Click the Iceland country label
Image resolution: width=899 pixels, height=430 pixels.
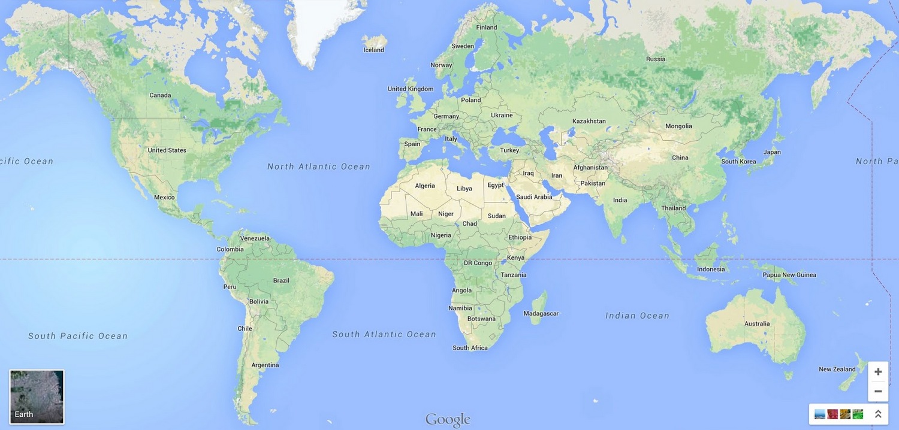[373, 50]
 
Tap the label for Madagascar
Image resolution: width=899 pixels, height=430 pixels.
[541, 313]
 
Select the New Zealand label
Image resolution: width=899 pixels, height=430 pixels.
[837, 369]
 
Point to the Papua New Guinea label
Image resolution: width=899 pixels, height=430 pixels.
[789, 275]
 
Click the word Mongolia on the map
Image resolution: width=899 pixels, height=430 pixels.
[678, 126]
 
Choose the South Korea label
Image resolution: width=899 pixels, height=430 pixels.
[738, 161]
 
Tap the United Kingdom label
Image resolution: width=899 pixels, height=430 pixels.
[410, 89]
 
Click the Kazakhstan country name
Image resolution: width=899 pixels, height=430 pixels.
[589, 121]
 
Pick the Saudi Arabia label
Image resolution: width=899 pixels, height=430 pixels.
[534, 196]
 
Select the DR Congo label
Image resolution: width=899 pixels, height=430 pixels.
[478, 263]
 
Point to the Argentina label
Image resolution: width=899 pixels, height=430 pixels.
[265, 365]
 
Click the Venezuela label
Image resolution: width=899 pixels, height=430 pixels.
[255, 238]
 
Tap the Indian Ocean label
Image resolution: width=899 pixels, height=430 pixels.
[637, 316]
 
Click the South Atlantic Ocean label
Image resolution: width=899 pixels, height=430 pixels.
[384, 334]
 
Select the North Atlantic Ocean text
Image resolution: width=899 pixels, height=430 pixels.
[319, 166]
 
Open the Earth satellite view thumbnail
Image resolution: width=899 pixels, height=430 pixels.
[37, 396]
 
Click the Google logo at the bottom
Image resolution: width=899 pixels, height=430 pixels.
[448, 420]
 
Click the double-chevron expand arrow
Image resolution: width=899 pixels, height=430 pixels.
[878, 414]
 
